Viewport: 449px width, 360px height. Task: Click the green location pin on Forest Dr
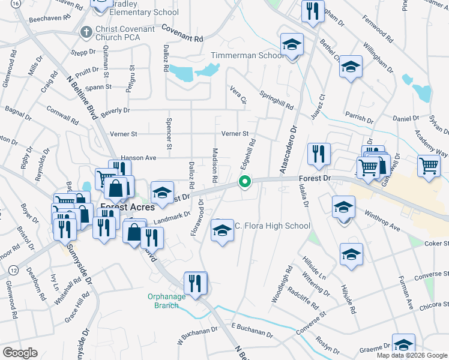coord(245,181)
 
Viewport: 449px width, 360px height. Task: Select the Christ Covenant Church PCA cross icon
coord(86,31)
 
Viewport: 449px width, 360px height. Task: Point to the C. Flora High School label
coord(272,226)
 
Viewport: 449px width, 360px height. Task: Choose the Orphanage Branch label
coord(163,301)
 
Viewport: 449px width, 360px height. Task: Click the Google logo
coord(20,353)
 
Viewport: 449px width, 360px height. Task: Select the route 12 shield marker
coord(12,272)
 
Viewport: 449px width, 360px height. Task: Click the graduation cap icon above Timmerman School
coord(292,44)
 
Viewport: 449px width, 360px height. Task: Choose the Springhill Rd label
coord(277,100)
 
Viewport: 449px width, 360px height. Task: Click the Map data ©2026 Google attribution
coord(412,355)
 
